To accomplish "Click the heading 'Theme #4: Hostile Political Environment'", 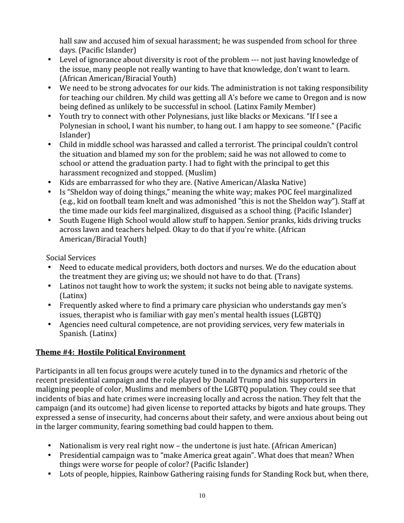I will coord(111,352).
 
